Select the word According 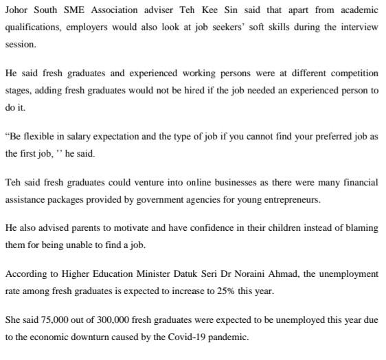(26, 273)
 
